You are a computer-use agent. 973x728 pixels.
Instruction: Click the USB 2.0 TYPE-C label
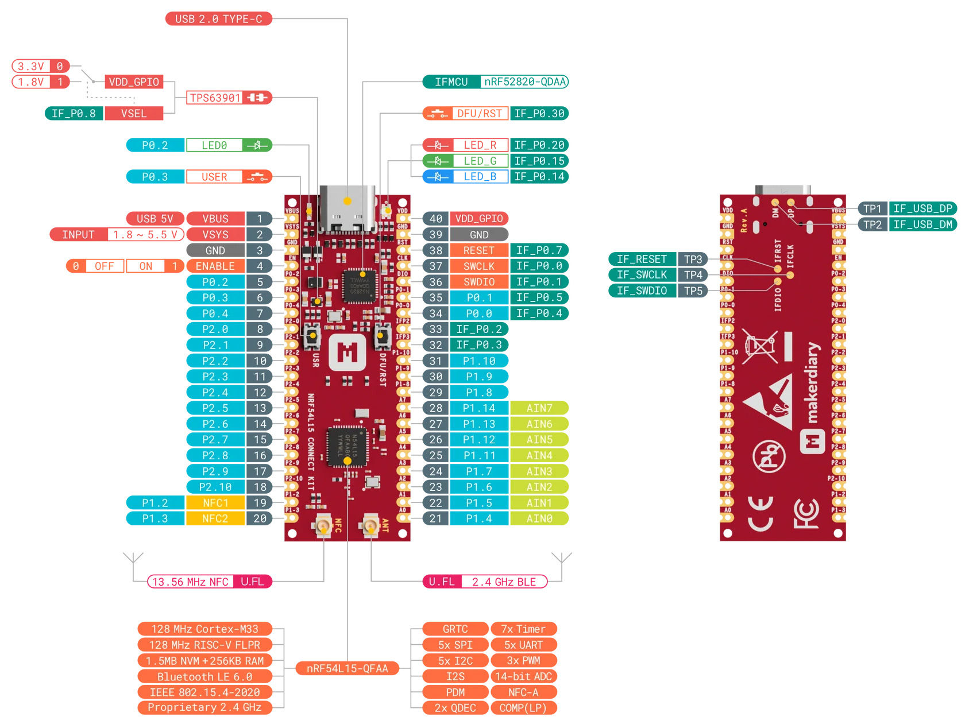[218, 19]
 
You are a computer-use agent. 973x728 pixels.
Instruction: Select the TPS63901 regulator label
[215, 98]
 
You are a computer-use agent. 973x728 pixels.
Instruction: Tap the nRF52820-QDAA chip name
[524, 82]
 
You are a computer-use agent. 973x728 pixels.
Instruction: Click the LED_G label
[480, 161]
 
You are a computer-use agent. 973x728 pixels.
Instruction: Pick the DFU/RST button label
[479, 114]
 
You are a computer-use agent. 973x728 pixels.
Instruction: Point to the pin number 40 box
[436, 219]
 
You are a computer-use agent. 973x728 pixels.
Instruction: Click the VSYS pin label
[215, 234]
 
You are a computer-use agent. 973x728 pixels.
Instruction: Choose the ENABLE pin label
[215, 266]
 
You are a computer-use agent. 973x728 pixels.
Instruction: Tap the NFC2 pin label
[215, 518]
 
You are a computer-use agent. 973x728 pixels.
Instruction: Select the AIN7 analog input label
[539, 408]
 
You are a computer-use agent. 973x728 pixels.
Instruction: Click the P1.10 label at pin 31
[479, 361]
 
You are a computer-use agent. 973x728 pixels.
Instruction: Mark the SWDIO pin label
[479, 282]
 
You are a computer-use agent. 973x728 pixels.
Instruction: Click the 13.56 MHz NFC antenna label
[191, 582]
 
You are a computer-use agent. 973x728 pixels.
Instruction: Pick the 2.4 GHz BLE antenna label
[504, 582]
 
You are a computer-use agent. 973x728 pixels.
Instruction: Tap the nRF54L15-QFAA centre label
[347, 668]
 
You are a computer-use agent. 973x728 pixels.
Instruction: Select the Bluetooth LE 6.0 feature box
[204, 676]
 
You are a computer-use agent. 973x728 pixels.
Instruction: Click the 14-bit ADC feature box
[523, 676]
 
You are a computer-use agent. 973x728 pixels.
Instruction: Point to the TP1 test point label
[872, 208]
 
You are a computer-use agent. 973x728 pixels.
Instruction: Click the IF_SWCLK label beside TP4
[642, 274]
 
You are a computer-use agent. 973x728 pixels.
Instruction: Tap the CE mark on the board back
[760, 514]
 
